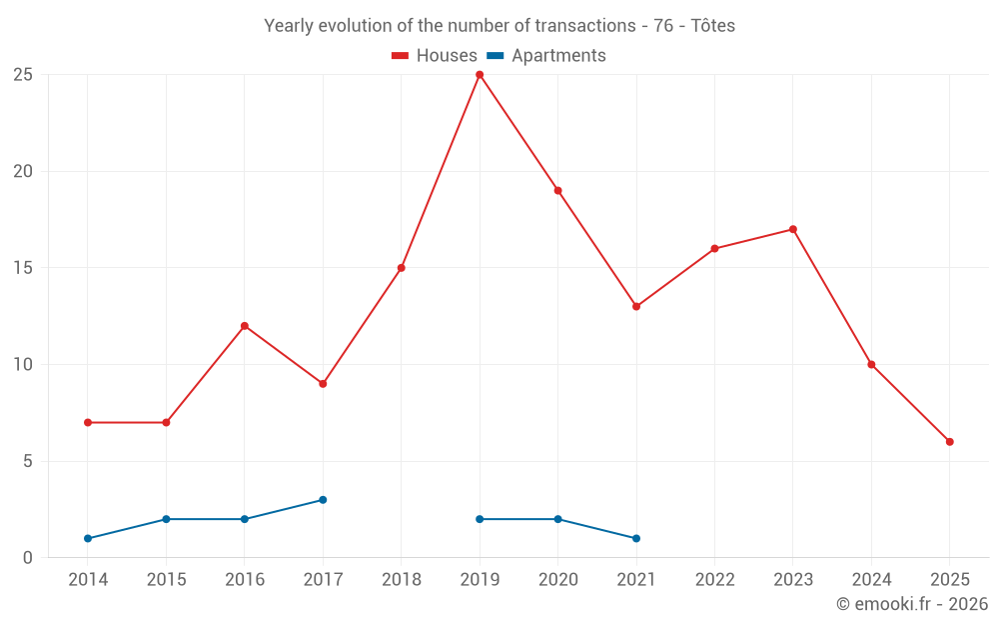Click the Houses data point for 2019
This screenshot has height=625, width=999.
[x=480, y=75]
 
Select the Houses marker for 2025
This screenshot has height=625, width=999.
[x=950, y=442]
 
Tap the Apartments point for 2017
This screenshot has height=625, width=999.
[x=323, y=500]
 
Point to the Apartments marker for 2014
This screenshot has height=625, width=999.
[x=88, y=539]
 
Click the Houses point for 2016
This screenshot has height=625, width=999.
[x=245, y=326]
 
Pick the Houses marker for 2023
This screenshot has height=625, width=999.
[x=793, y=229]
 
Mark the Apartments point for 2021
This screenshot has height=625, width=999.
[x=636, y=539]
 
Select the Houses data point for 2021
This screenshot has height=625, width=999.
[x=636, y=307]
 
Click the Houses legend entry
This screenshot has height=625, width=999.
[x=435, y=56]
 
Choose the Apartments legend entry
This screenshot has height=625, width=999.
[x=546, y=56]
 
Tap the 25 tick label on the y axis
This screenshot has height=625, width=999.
[x=23, y=75]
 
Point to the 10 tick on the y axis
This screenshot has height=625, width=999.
[x=23, y=365]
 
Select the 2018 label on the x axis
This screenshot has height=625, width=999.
[x=402, y=580]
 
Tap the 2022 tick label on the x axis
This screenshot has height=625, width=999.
[x=715, y=580]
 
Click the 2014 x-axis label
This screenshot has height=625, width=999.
[x=88, y=580]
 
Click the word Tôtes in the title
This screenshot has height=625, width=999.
[x=713, y=26]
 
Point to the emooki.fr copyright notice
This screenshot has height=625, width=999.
[x=912, y=604]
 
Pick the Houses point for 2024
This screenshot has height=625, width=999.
[x=871, y=365]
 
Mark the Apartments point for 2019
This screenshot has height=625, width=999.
[x=480, y=519]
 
